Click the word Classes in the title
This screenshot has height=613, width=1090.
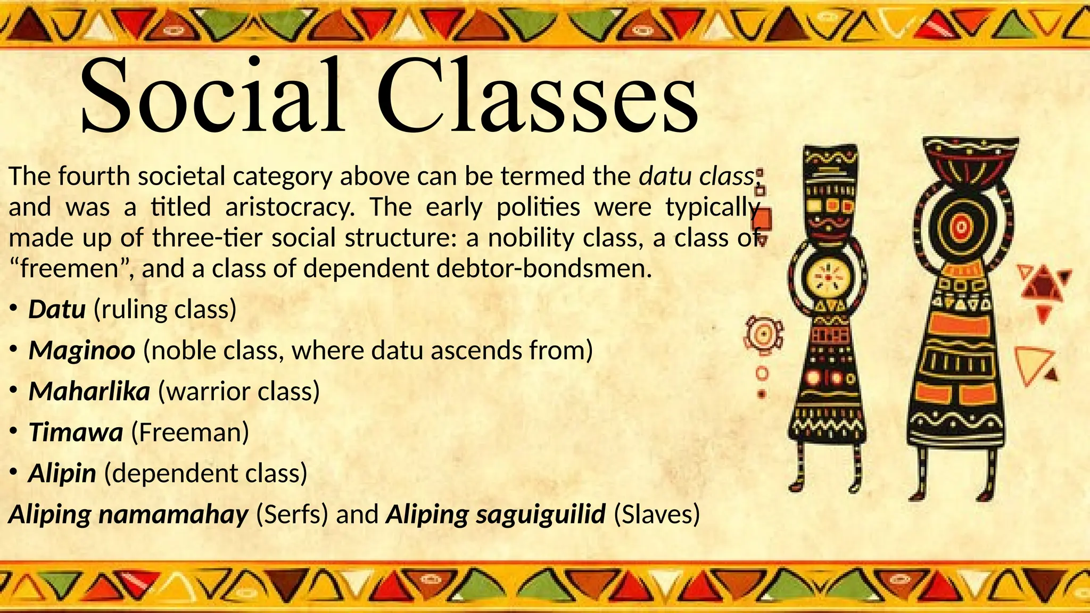[x=538, y=96]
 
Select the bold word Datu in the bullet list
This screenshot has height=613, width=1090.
[x=57, y=310]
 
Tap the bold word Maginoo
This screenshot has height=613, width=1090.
[x=81, y=351]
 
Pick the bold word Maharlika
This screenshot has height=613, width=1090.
[x=89, y=392]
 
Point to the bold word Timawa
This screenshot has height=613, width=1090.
[x=76, y=433]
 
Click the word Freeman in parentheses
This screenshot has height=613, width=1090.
[x=190, y=433]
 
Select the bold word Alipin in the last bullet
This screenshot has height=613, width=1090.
[x=62, y=474]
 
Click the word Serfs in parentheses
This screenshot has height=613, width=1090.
[x=292, y=515]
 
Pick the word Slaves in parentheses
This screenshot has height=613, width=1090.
[x=657, y=515]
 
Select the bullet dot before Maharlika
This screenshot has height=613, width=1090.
[x=14, y=391]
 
